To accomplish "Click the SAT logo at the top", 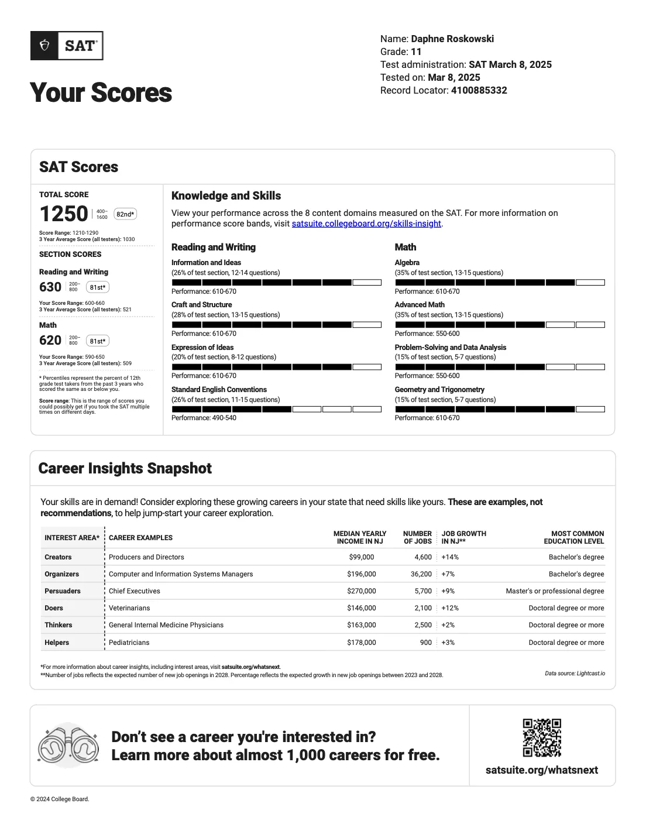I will click(x=67, y=46).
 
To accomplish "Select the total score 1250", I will click(x=64, y=214).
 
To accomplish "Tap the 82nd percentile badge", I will click(x=125, y=214).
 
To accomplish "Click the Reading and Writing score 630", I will click(x=50, y=287).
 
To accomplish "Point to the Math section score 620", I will click(x=50, y=341).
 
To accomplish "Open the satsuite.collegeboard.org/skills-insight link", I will click(x=366, y=224).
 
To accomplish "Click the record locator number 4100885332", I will click(x=479, y=90).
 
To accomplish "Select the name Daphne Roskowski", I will click(x=452, y=39).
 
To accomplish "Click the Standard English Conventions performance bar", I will click(x=276, y=409).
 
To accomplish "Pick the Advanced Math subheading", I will click(x=420, y=304).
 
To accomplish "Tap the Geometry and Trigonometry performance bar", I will click(x=500, y=409).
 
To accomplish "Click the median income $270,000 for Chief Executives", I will click(x=362, y=591).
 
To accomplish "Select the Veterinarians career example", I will click(x=129, y=608).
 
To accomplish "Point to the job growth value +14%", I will click(x=450, y=557).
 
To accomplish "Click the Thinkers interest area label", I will click(x=59, y=625).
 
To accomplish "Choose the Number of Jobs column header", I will click(x=417, y=537).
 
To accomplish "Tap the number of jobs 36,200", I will click(x=421, y=574).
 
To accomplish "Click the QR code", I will click(x=542, y=737).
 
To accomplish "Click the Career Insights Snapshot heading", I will click(x=125, y=468).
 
